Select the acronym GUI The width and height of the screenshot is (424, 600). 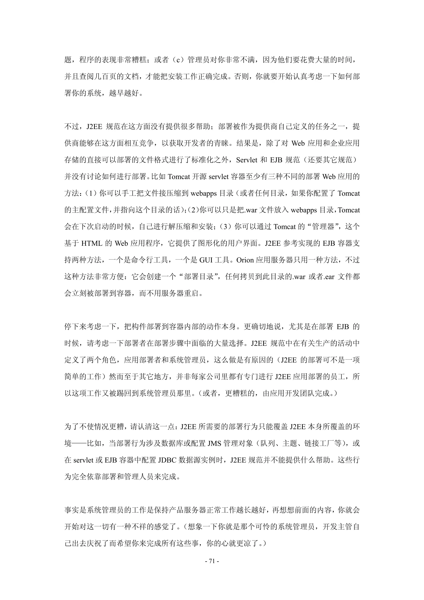(x=206, y=260)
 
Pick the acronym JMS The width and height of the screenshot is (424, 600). (x=214, y=443)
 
